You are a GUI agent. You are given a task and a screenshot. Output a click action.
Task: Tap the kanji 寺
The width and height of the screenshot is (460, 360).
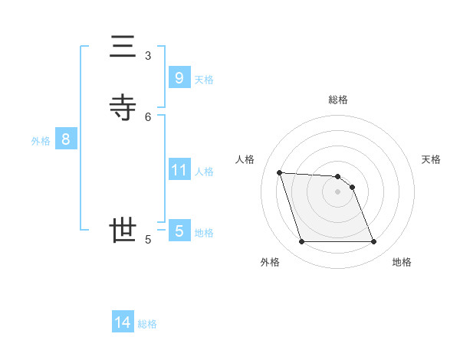tap(123, 108)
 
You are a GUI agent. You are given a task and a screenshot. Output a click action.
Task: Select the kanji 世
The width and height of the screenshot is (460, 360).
tap(123, 230)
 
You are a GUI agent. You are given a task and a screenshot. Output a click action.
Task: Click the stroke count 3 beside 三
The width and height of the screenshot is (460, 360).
tap(148, 55)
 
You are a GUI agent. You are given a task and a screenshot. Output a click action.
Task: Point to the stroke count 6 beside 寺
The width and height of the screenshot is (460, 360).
tap(148, 116)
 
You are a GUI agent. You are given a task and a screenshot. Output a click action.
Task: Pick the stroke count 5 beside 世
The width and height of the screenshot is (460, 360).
tap(148, 239)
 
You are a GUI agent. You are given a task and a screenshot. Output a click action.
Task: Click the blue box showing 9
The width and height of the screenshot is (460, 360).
tap(179, 77)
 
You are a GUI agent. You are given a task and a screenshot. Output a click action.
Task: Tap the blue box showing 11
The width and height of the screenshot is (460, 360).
tap(179, 169)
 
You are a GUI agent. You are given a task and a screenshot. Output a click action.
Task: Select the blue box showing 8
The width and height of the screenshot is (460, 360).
tap(66, 139)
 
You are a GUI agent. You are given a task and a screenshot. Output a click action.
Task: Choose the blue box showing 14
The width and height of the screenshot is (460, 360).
tap(123, 322)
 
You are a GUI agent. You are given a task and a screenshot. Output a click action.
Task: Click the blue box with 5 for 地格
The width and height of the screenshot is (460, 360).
tap(179, 231)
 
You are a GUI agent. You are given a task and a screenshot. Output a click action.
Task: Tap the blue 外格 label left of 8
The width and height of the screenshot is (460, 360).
tap(41, 141)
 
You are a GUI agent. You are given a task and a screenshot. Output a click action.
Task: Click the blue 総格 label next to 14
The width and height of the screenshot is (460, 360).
tap(147, 324)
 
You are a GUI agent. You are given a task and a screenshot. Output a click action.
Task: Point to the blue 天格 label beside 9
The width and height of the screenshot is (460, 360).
tap(204, 80)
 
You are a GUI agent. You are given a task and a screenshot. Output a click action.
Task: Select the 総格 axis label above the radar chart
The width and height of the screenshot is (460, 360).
tap(338, 100)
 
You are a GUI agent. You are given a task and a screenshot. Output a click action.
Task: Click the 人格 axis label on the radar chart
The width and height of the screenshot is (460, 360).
tap(245, 159)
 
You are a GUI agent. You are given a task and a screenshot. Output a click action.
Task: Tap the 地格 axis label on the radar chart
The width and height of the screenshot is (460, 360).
tap(402, 262)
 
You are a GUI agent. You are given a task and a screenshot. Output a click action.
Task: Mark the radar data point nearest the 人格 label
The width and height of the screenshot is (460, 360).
tap(279, 172)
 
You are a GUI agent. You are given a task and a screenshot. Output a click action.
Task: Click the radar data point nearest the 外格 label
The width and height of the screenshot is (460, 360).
tap(301, 242)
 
